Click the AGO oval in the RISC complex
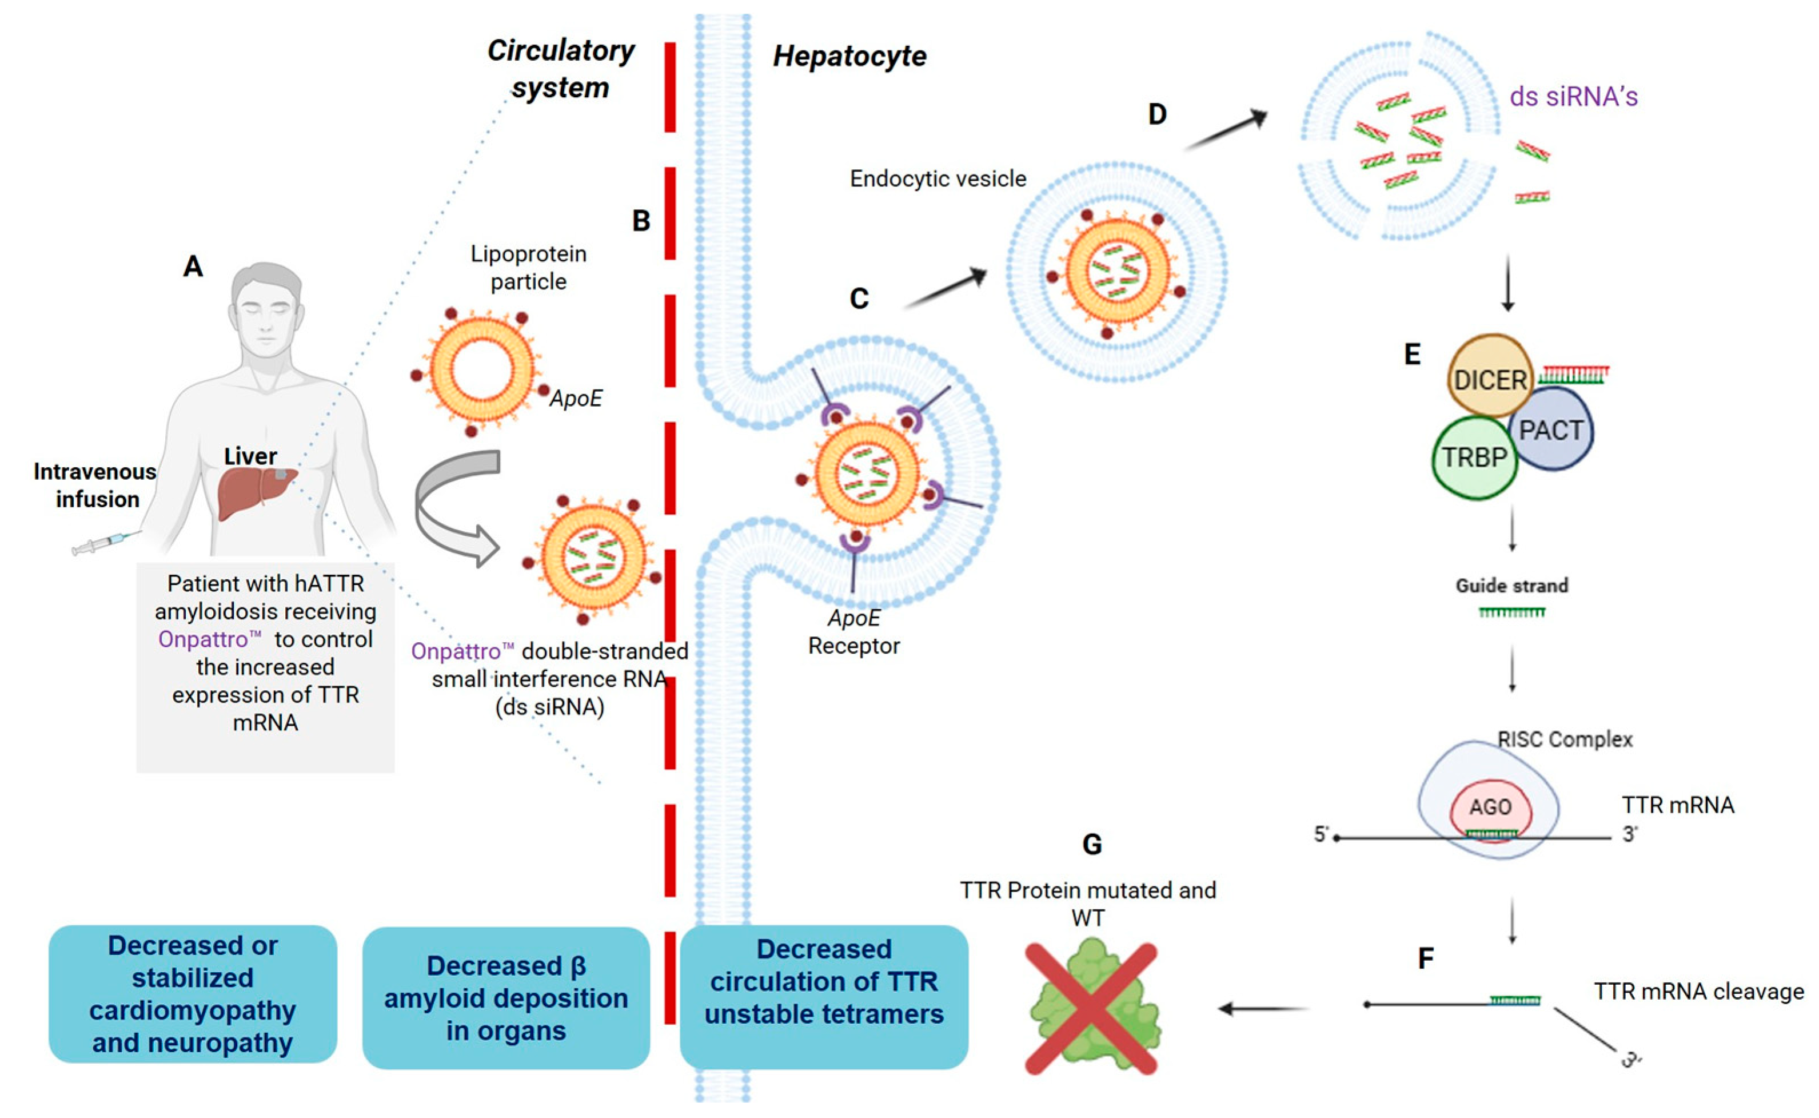(1490, 807)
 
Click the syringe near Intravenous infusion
(103, 543)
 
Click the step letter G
(1092, 845)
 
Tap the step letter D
(1156, 114)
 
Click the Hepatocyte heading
(849, 56)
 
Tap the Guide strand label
(1511, 586)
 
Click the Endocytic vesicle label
(937, 179)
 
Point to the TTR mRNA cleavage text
(1698, 992)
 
